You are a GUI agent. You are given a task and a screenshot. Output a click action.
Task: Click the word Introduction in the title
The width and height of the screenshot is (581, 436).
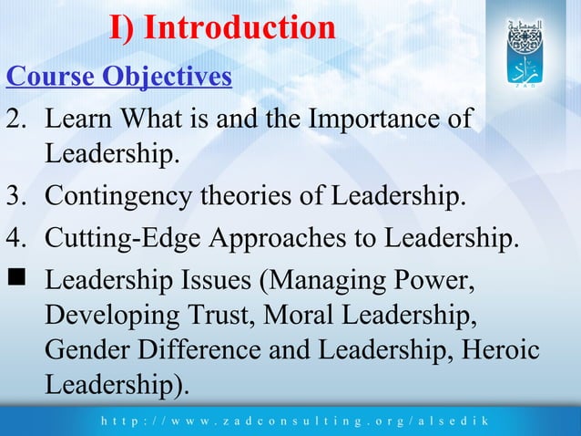tap(240, 27)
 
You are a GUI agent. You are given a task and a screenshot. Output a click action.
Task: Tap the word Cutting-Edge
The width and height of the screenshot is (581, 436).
tap(124, 238)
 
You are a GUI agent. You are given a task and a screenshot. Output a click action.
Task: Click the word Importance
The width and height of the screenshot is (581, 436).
tap(372, 119)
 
